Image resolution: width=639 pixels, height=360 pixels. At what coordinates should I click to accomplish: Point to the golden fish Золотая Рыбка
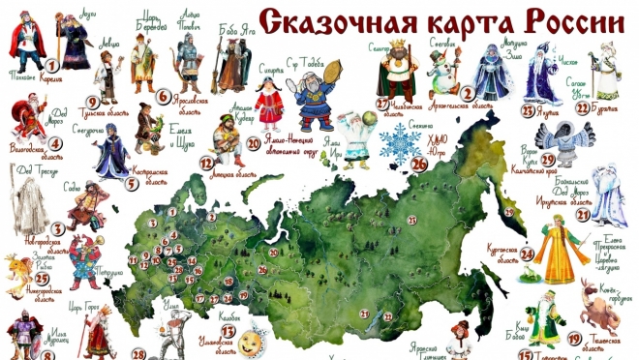pyautogui.click(x=17, y=271)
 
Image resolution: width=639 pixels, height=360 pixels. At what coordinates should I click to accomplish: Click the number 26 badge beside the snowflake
pyautogui.click(x=419, y=162)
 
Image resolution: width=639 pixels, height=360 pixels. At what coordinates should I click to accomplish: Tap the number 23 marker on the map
pyautogui.click(x=411, y=222)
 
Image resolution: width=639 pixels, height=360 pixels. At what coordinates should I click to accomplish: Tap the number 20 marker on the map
pyautogui.click(x=274, y=253)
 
